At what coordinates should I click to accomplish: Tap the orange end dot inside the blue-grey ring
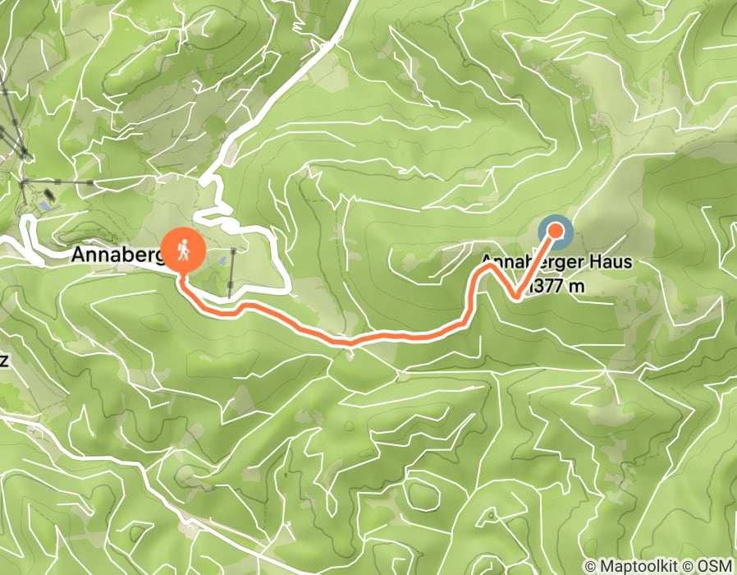click(x=556, y=232)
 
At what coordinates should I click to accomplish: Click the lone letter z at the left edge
click(x=4, y=362)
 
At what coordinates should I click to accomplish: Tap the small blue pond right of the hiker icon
click(x=223, y=260)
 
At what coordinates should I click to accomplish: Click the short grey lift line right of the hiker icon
click(x=232, y=271)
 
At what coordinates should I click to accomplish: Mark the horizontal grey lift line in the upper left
click(x=57, y=181)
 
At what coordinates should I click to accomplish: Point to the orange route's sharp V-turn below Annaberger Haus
click(x=515, y=295)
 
